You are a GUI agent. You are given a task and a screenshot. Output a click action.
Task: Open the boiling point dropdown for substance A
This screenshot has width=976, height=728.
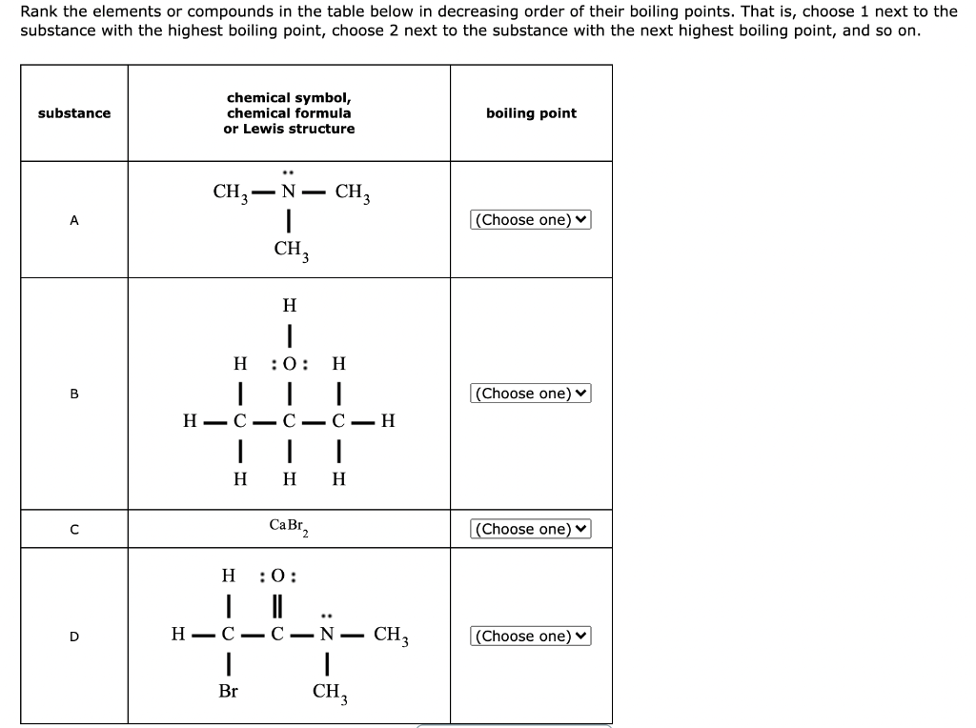pos(531,220)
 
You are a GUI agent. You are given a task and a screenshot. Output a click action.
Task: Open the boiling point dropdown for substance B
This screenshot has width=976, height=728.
pos(531,394)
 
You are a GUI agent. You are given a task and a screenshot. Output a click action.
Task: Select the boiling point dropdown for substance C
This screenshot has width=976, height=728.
pos(531,529)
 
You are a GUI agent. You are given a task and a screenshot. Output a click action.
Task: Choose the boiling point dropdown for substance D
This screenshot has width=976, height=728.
pos(531,636)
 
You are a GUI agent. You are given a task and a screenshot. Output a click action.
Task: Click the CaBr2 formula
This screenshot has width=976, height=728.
pos(288,526)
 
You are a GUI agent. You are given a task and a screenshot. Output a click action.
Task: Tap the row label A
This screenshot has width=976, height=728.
pos(73,220)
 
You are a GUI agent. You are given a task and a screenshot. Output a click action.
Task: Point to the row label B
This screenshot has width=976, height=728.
pos(73,394)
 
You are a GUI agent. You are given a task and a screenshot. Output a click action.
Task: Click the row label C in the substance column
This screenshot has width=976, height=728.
pos(73,529)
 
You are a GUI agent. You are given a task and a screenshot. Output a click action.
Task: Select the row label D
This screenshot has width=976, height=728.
pos(73,636)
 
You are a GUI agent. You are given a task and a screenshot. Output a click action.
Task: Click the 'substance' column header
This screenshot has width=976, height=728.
pos(73,113)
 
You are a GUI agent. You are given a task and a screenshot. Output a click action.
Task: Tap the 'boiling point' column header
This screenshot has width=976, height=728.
pos(531,113)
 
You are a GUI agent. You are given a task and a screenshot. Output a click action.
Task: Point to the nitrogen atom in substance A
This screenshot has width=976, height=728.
pos(288,191)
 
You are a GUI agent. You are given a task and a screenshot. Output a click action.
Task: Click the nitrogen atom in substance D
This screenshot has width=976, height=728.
pos(327,635)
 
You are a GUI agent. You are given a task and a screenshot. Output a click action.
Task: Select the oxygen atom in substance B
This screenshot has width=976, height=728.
pos(289,364)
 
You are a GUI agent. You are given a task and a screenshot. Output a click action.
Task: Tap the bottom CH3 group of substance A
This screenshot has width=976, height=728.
pos(291,251)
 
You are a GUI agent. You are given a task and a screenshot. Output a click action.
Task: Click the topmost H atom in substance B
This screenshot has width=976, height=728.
pos(289,306)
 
